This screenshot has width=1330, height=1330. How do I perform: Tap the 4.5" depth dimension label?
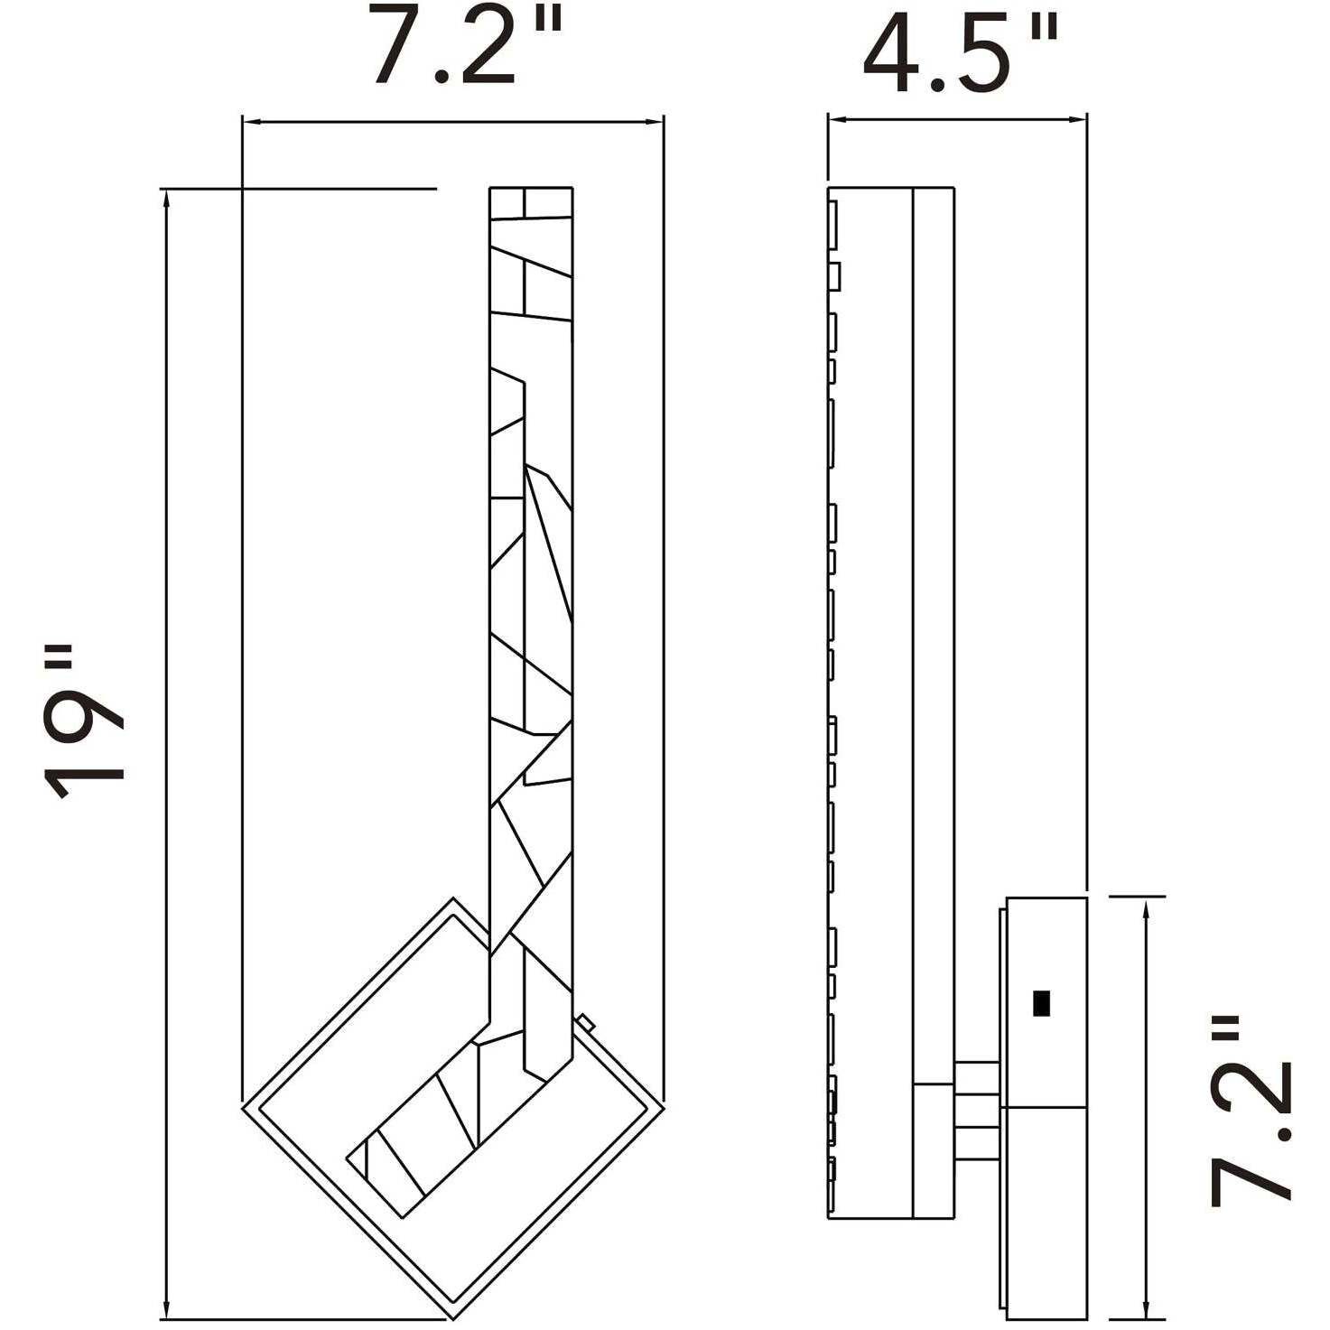(959, 51)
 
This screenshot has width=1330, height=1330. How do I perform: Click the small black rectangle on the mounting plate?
(1041, 1002)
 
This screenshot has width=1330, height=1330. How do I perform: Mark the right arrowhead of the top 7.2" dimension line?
(656, 122)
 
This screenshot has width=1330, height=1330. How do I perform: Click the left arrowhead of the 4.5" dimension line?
(835, 118)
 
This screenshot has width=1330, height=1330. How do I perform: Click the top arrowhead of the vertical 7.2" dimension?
(1146, 907)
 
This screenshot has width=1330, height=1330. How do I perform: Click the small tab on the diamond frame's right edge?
(587, 1022)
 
